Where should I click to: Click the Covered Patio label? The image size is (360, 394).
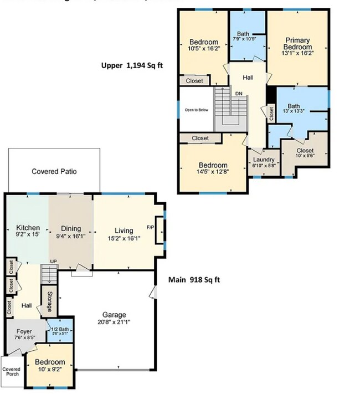point(54,171)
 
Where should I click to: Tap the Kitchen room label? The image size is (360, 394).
point(28,228)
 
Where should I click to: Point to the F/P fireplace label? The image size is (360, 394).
point(150,228)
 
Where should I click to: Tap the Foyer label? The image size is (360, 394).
point(24,331)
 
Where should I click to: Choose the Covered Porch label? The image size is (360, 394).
point(11,372)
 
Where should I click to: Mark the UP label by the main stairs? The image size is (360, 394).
point(53,262)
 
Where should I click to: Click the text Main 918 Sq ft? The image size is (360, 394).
point(194,280)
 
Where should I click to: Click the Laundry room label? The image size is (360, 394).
point(264,160)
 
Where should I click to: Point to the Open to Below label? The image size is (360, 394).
point(197,110)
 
